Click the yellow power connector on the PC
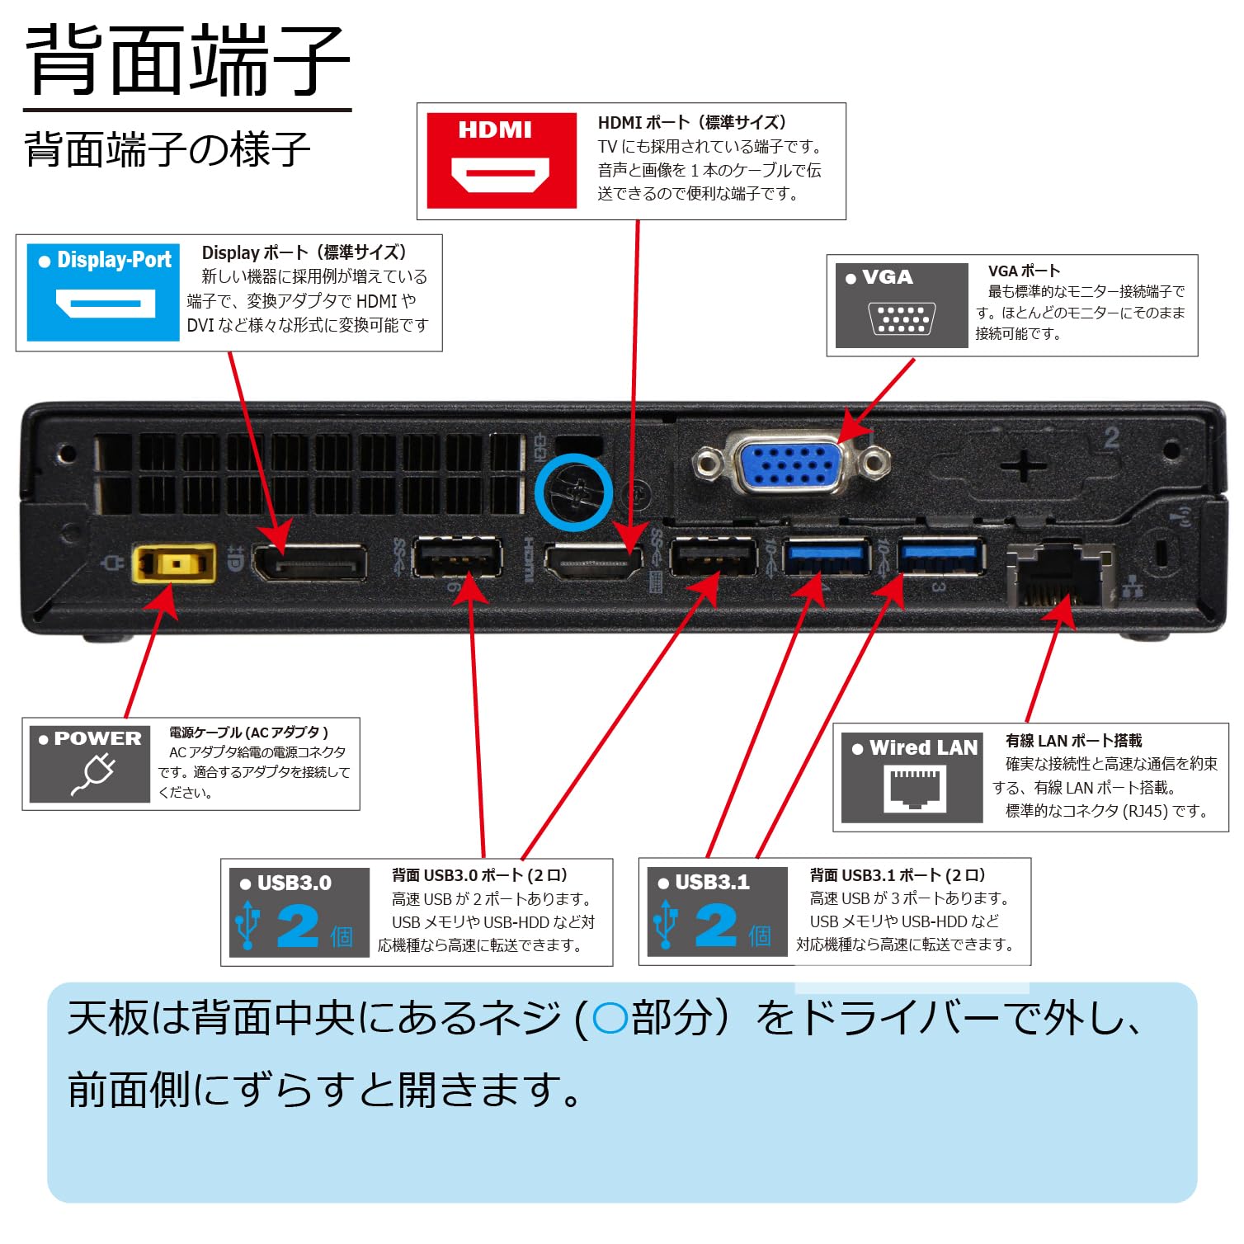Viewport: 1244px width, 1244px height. pyautogui.click(x=174, y=564)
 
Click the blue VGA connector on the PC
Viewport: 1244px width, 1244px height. pyautogui.click(x=789, y=465)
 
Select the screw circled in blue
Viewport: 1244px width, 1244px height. pyautogui.click(x=573, y=493)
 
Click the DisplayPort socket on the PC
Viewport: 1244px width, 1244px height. pyautogui.click(x=310, y=563)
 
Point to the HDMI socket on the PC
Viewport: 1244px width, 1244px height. pyautogui.click(x=593, y=563)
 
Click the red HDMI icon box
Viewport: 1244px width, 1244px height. pyautogui.click(x=501, y=160)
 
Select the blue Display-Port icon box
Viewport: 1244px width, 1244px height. pyautogui.click(x=103, y=292)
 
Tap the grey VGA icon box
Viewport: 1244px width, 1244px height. pyautogui.click(x=901, y=305)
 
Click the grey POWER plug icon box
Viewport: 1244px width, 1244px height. pyautogui.click(x=89, y=763)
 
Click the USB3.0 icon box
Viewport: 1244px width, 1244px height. pyautogui.click(x=298, y=912)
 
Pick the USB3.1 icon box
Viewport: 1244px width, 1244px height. pyautogui.click(x=716, y=912)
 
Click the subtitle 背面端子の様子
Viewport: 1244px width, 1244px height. pyautogui.click(x=167, y=149)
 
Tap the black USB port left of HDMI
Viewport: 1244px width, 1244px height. pyautogui.click(x=457, y=558)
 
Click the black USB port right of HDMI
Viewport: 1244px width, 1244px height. pyautogui.click(x=713, y=558)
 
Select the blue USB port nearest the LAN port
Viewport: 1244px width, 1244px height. pyautogui.click(x=940, y=555)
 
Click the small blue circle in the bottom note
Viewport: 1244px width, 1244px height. pyautogui.click(x=610, y=1019)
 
